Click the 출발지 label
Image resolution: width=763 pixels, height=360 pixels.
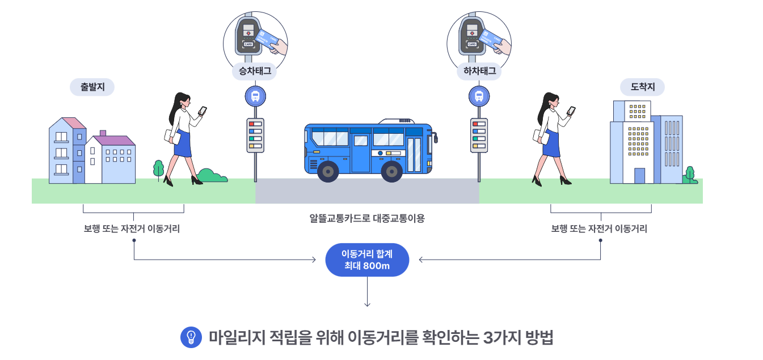[x=92, y=87]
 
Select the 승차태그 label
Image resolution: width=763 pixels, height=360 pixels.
[x=255, y=71]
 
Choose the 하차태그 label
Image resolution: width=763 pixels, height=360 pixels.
[x=479, y=71]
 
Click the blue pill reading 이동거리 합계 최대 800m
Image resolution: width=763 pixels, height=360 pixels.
[x=367, y=260]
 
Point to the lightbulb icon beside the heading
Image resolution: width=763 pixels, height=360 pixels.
[x=191, y=337]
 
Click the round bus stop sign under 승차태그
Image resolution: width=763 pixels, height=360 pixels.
[x=255, y=96]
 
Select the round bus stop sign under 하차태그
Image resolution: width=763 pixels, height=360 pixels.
[x=479, y=96]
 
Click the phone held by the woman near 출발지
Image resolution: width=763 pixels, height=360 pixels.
[x=203, y=111]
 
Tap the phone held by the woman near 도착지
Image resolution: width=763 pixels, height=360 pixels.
[x=571, y=111]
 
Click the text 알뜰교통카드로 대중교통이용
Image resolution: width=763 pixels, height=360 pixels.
[x=367, y=218]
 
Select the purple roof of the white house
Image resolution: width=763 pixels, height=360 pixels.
[x=114, y=140]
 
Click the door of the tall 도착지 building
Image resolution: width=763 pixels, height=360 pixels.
[x=639, y=175]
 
